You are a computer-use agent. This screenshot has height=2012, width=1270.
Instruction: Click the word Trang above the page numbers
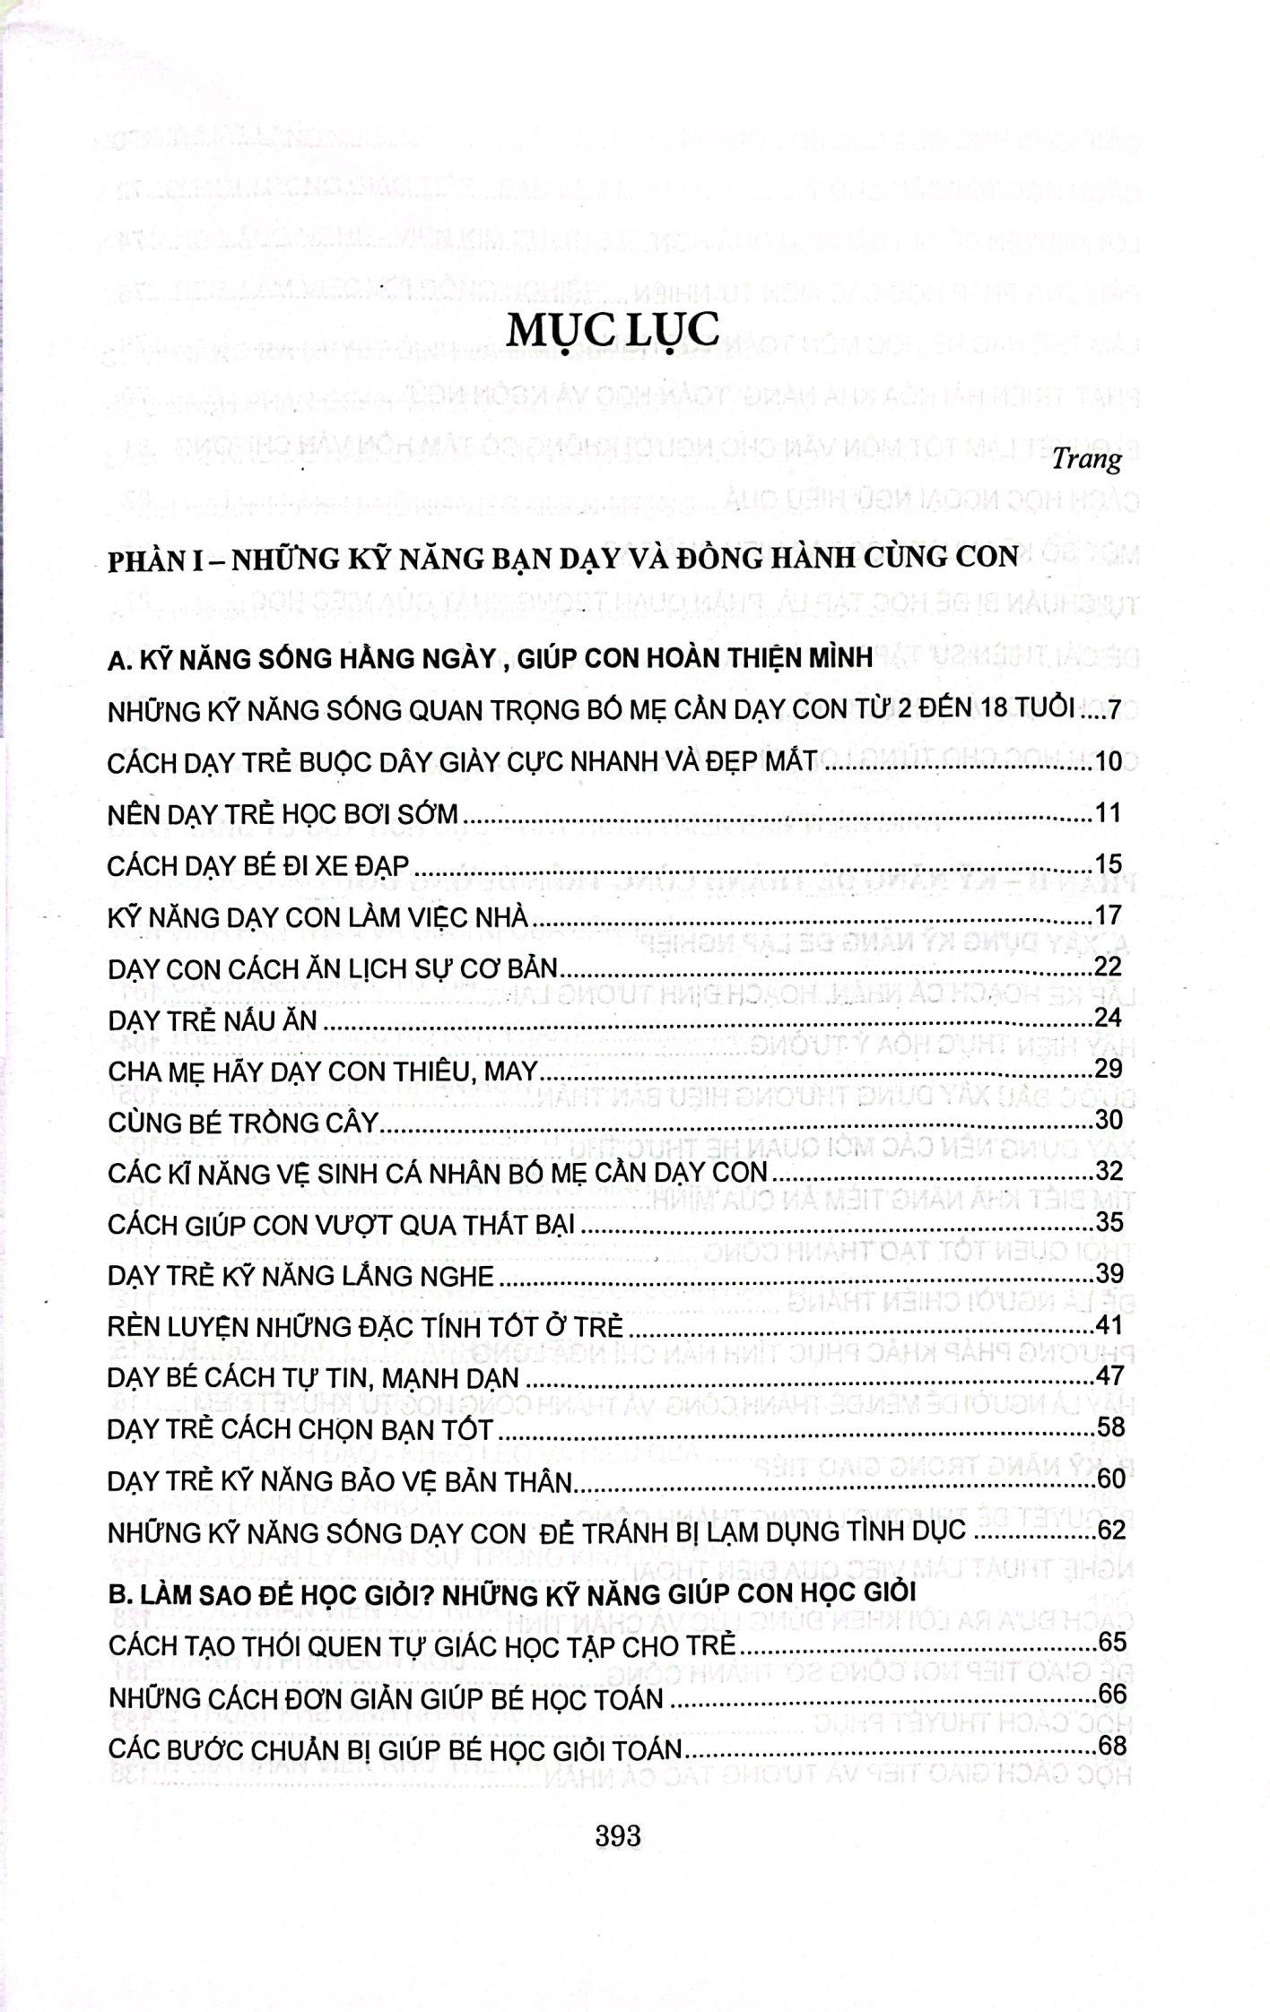[1087, 459]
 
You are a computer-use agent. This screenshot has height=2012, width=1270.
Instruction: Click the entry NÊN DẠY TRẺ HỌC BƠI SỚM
[283, 813]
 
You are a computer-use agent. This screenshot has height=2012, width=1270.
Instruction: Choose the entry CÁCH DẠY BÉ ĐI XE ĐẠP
[258, 865]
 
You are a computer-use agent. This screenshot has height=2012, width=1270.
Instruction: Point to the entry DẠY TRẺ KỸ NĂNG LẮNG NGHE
[300, 1275]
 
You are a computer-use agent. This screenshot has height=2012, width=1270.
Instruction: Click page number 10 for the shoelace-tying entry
[1109, 762]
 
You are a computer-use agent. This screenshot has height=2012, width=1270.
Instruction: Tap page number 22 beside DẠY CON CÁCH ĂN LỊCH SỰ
[1109, 967]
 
